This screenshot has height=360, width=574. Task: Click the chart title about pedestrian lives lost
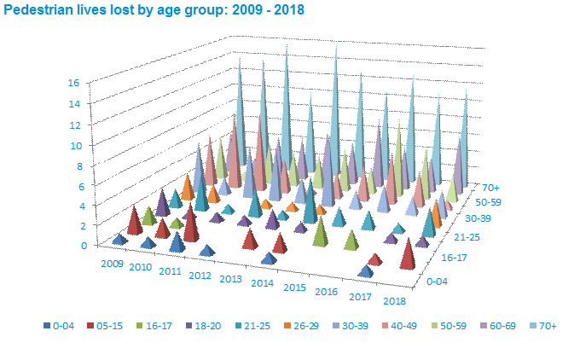[x=154, y=10]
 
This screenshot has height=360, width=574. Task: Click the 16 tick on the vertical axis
[x=73, y=83]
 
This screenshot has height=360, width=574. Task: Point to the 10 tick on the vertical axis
[x=73, y=145]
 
